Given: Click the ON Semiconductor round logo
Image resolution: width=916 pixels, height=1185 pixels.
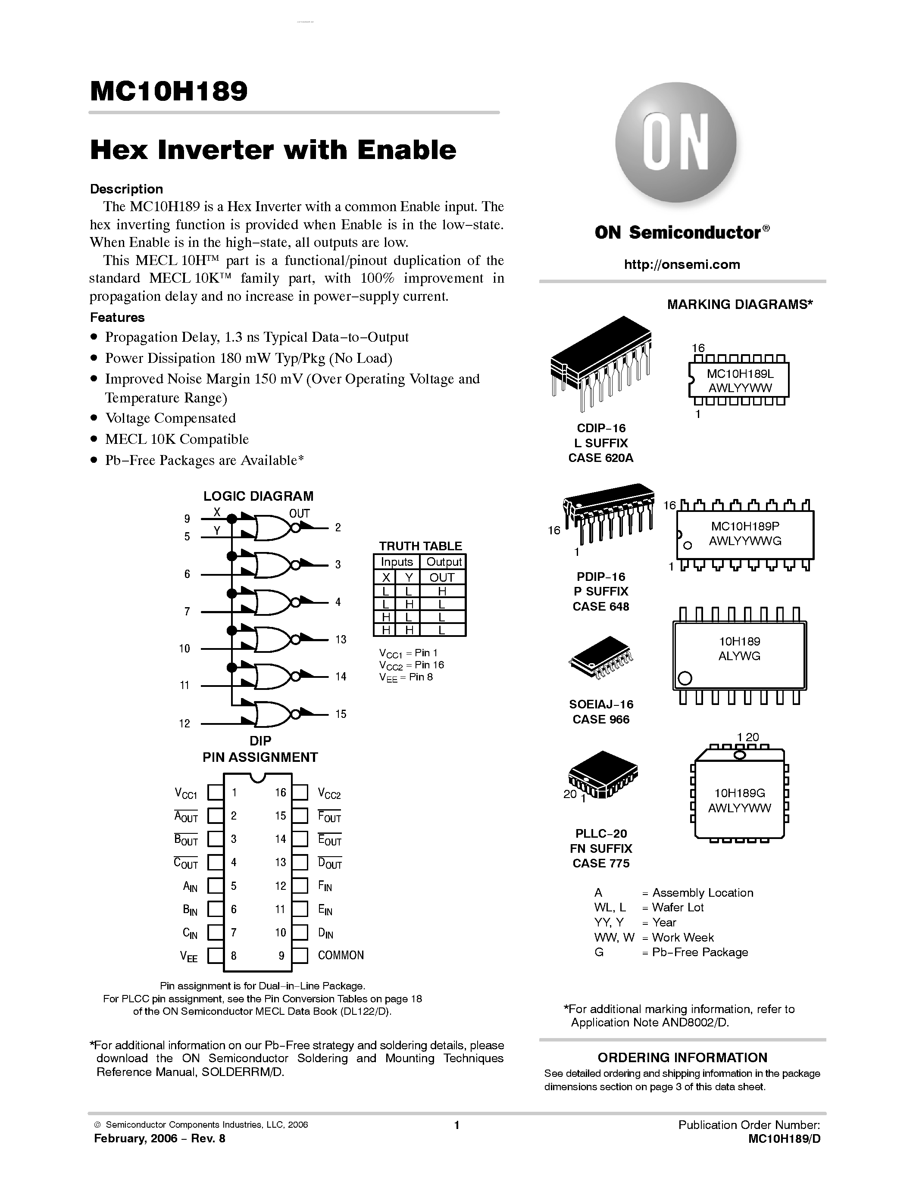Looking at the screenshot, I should [675, 143].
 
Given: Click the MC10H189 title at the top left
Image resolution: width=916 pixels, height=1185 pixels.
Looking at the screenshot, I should [169, 92].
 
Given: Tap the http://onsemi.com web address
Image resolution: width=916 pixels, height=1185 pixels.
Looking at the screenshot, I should [682, 264].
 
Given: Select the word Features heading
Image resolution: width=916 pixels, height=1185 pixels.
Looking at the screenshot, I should [117, 318].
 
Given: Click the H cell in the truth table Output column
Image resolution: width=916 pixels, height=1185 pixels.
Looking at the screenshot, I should [442, 591].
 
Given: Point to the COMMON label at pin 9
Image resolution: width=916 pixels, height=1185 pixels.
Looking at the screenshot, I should [341, 955].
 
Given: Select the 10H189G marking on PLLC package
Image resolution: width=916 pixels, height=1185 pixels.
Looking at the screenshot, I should [739, 793].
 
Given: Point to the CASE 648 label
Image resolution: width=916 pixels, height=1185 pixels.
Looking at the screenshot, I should [601, 607].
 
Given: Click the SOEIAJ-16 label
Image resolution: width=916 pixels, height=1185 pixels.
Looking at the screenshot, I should [601, 704].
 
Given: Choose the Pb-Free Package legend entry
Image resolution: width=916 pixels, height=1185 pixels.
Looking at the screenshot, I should [700, 952].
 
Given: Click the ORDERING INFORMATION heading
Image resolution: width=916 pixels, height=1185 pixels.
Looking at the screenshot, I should [682, 1057].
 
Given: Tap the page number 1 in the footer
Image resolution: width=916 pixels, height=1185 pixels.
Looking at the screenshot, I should [456, 1125].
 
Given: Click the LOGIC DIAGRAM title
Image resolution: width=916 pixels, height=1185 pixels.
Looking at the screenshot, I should [258, 496].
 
